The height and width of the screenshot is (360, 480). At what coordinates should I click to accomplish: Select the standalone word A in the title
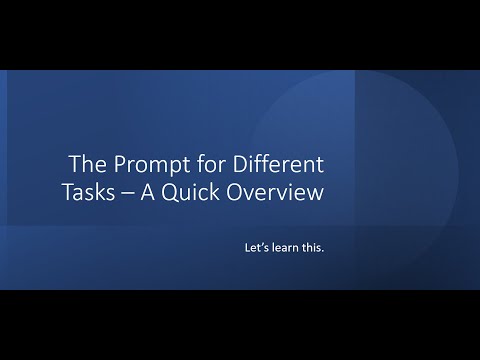pyautogui.click(x=152, y=192)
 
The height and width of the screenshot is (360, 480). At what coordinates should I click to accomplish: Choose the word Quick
pyautogui.click(x=194, y=192)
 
